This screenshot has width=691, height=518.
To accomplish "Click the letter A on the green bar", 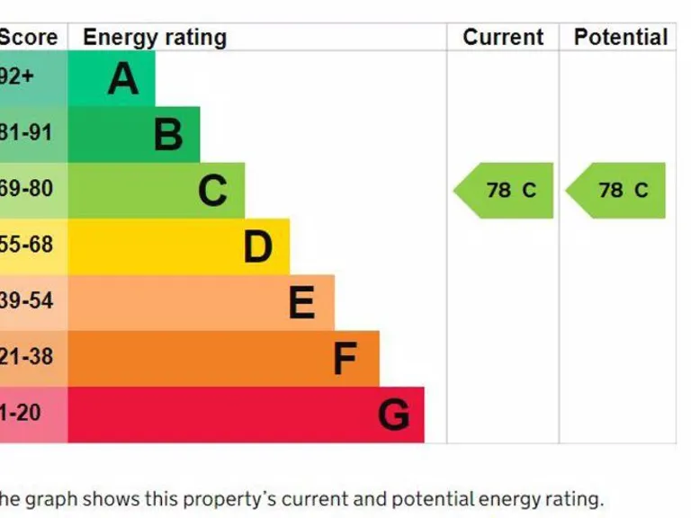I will pos(123,79).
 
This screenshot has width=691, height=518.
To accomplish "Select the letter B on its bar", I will pos(168,135).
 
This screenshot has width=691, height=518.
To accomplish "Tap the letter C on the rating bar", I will pos(212,191).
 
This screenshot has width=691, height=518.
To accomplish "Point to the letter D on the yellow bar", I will pos(257,246).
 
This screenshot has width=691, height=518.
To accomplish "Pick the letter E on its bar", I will pos(301,303).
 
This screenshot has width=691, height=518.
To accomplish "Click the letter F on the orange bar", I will pos(345,359).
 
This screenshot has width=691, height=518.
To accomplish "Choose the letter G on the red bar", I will pos(393,415).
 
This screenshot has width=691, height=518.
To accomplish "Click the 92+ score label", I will pos(16,77).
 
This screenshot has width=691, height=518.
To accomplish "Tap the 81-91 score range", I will pos(26,133).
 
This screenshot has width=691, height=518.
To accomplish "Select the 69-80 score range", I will pos(26,189).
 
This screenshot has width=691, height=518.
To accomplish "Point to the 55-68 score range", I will pos(26,245).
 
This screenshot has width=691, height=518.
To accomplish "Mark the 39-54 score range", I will pos(26,301).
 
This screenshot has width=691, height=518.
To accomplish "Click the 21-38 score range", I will pos(26,357).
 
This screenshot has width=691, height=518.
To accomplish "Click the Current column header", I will pos(503,38).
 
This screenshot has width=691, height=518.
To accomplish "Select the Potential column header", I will pos(621,38).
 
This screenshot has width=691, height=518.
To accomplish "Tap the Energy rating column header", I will pos(155,38).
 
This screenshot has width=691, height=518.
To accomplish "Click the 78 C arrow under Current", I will pos(505,191).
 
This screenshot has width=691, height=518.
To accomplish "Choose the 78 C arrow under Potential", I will pos(617,191).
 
